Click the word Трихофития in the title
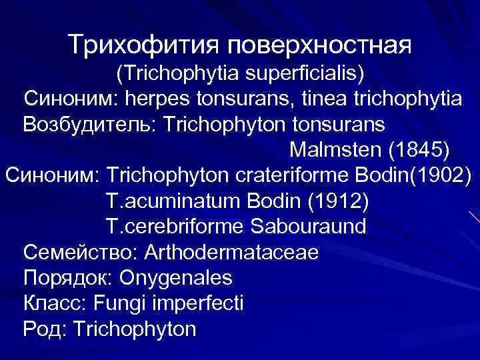coord(145,46)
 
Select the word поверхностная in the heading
coord(320,46)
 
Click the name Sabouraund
coord(309,226)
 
